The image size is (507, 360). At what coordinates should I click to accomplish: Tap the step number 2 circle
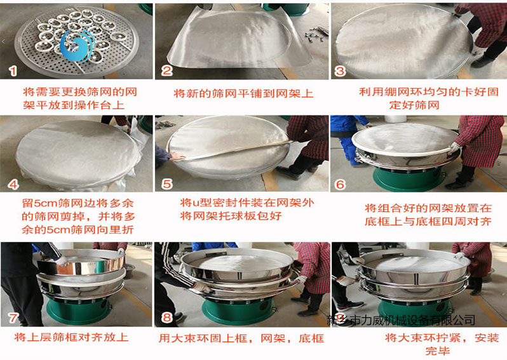coord(168,70)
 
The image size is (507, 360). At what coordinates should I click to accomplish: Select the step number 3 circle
coord(341,70)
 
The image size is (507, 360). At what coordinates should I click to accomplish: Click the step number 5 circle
coord(168,184)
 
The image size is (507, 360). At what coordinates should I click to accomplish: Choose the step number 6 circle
coord(341,184)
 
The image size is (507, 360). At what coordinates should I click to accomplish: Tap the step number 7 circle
coord(13,316)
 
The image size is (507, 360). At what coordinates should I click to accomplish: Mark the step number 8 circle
coord(168,316)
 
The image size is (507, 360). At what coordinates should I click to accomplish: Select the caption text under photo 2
coord(243,93)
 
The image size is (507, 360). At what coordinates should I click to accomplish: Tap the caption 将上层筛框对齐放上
coord(72,338)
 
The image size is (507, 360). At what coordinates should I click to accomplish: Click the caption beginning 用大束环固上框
coord(241,338)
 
